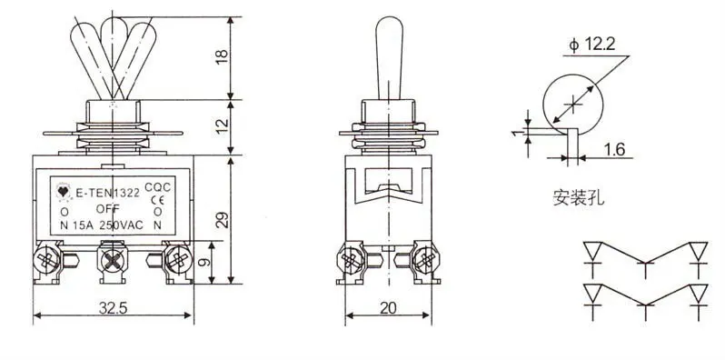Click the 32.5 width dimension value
[113, 307]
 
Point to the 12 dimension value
[223, 125]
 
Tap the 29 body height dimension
[223, 220]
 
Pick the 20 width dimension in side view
[389, 307]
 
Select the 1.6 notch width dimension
[615, 149]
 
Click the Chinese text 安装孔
[579, 198]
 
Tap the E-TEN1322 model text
[107, 194]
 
